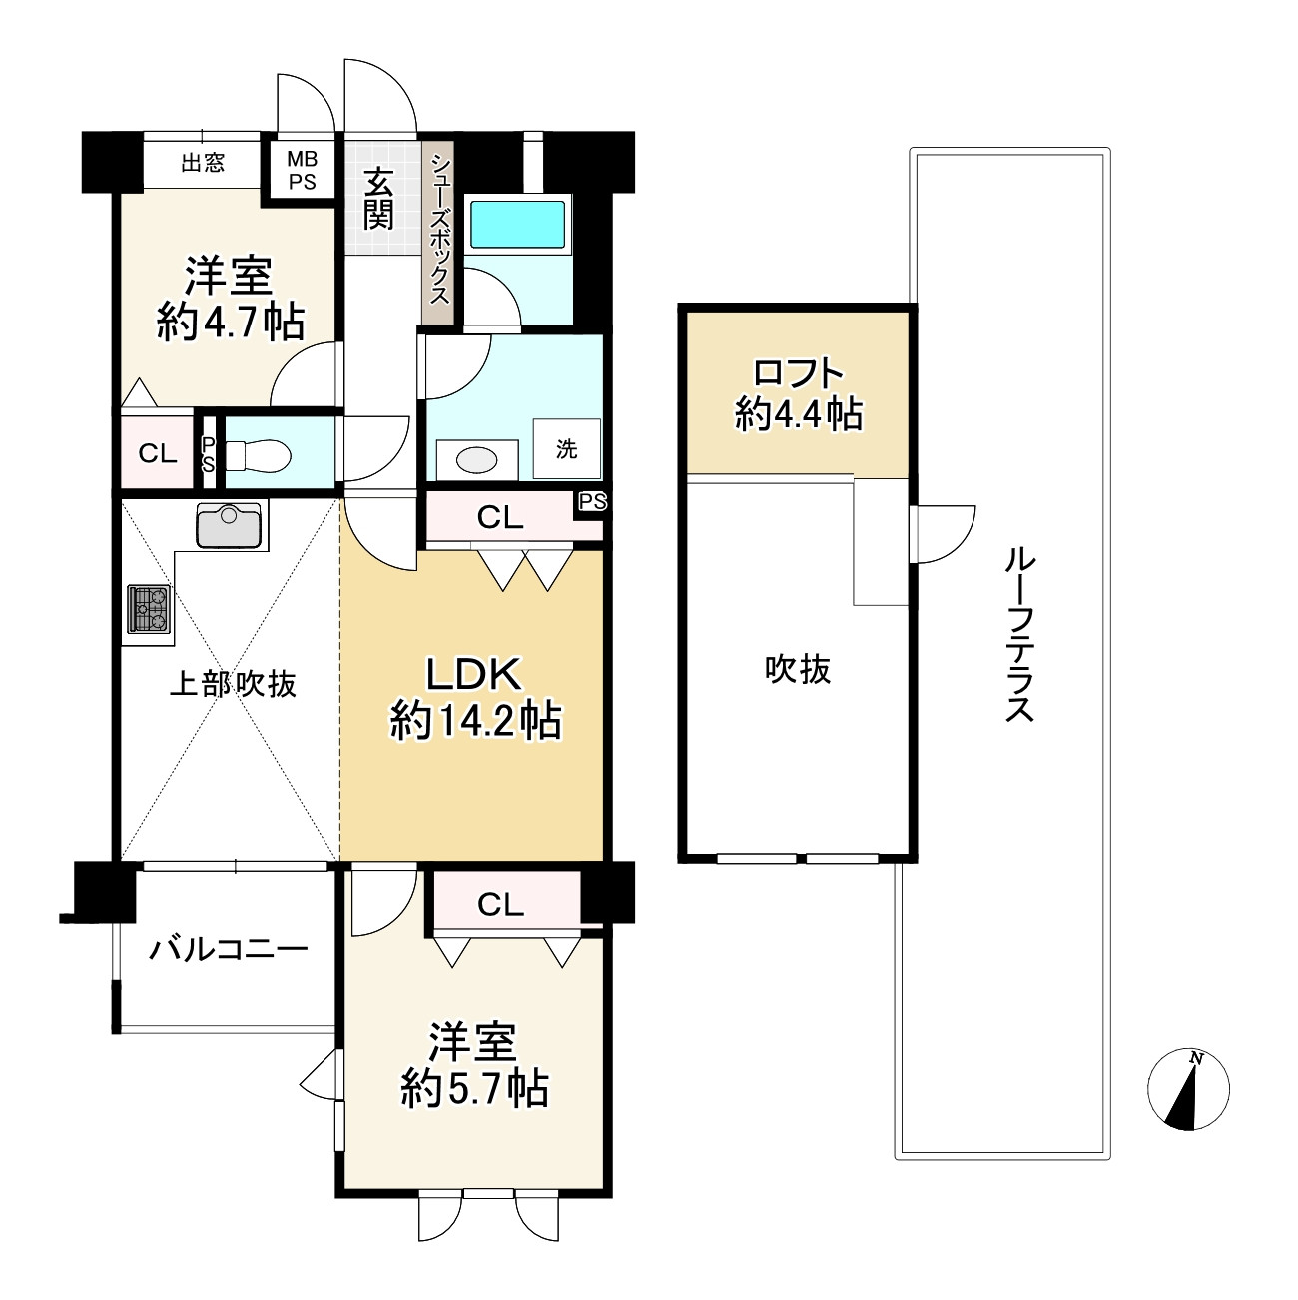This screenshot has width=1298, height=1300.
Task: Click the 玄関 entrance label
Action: [377, 199]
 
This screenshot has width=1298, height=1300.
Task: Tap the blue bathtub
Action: [517, 224]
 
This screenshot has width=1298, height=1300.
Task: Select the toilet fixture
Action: [258, 455]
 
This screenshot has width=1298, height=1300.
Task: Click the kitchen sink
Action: [228, 525]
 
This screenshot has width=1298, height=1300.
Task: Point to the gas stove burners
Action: [149, 608]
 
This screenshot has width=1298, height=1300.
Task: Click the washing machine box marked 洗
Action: [567, 448]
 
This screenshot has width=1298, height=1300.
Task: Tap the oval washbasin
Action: [477, 460]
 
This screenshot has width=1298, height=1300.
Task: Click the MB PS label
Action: [302, 170]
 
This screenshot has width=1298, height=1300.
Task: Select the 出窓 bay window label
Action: [203, 163]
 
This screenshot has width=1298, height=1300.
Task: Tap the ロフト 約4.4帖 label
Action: [799, 395]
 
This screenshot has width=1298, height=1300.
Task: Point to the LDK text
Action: [473, 674]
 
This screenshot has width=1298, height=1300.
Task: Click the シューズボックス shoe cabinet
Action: [439, 232]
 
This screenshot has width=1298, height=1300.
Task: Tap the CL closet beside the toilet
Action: [157, 452]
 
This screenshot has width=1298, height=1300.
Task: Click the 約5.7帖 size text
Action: [475, 1106]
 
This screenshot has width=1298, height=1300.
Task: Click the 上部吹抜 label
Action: [232, 684]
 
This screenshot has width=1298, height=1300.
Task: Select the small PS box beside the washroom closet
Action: [592, 503]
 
